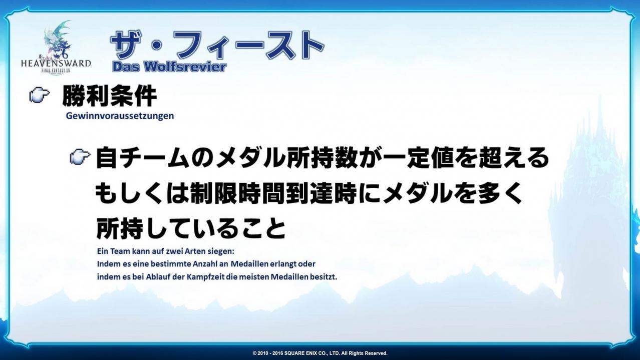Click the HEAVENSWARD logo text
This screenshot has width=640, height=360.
(x=56, y=63)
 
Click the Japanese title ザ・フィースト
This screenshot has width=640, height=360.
(x=217, y=45)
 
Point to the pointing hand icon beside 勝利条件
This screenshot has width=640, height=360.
(x=39, y=95)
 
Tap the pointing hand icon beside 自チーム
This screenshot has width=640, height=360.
(x=80, y=157)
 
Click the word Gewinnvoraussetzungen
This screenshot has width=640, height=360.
(x=120, y=116)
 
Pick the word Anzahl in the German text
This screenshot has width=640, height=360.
(x=205, y=264)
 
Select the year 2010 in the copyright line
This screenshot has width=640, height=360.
(x=263, y=353)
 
